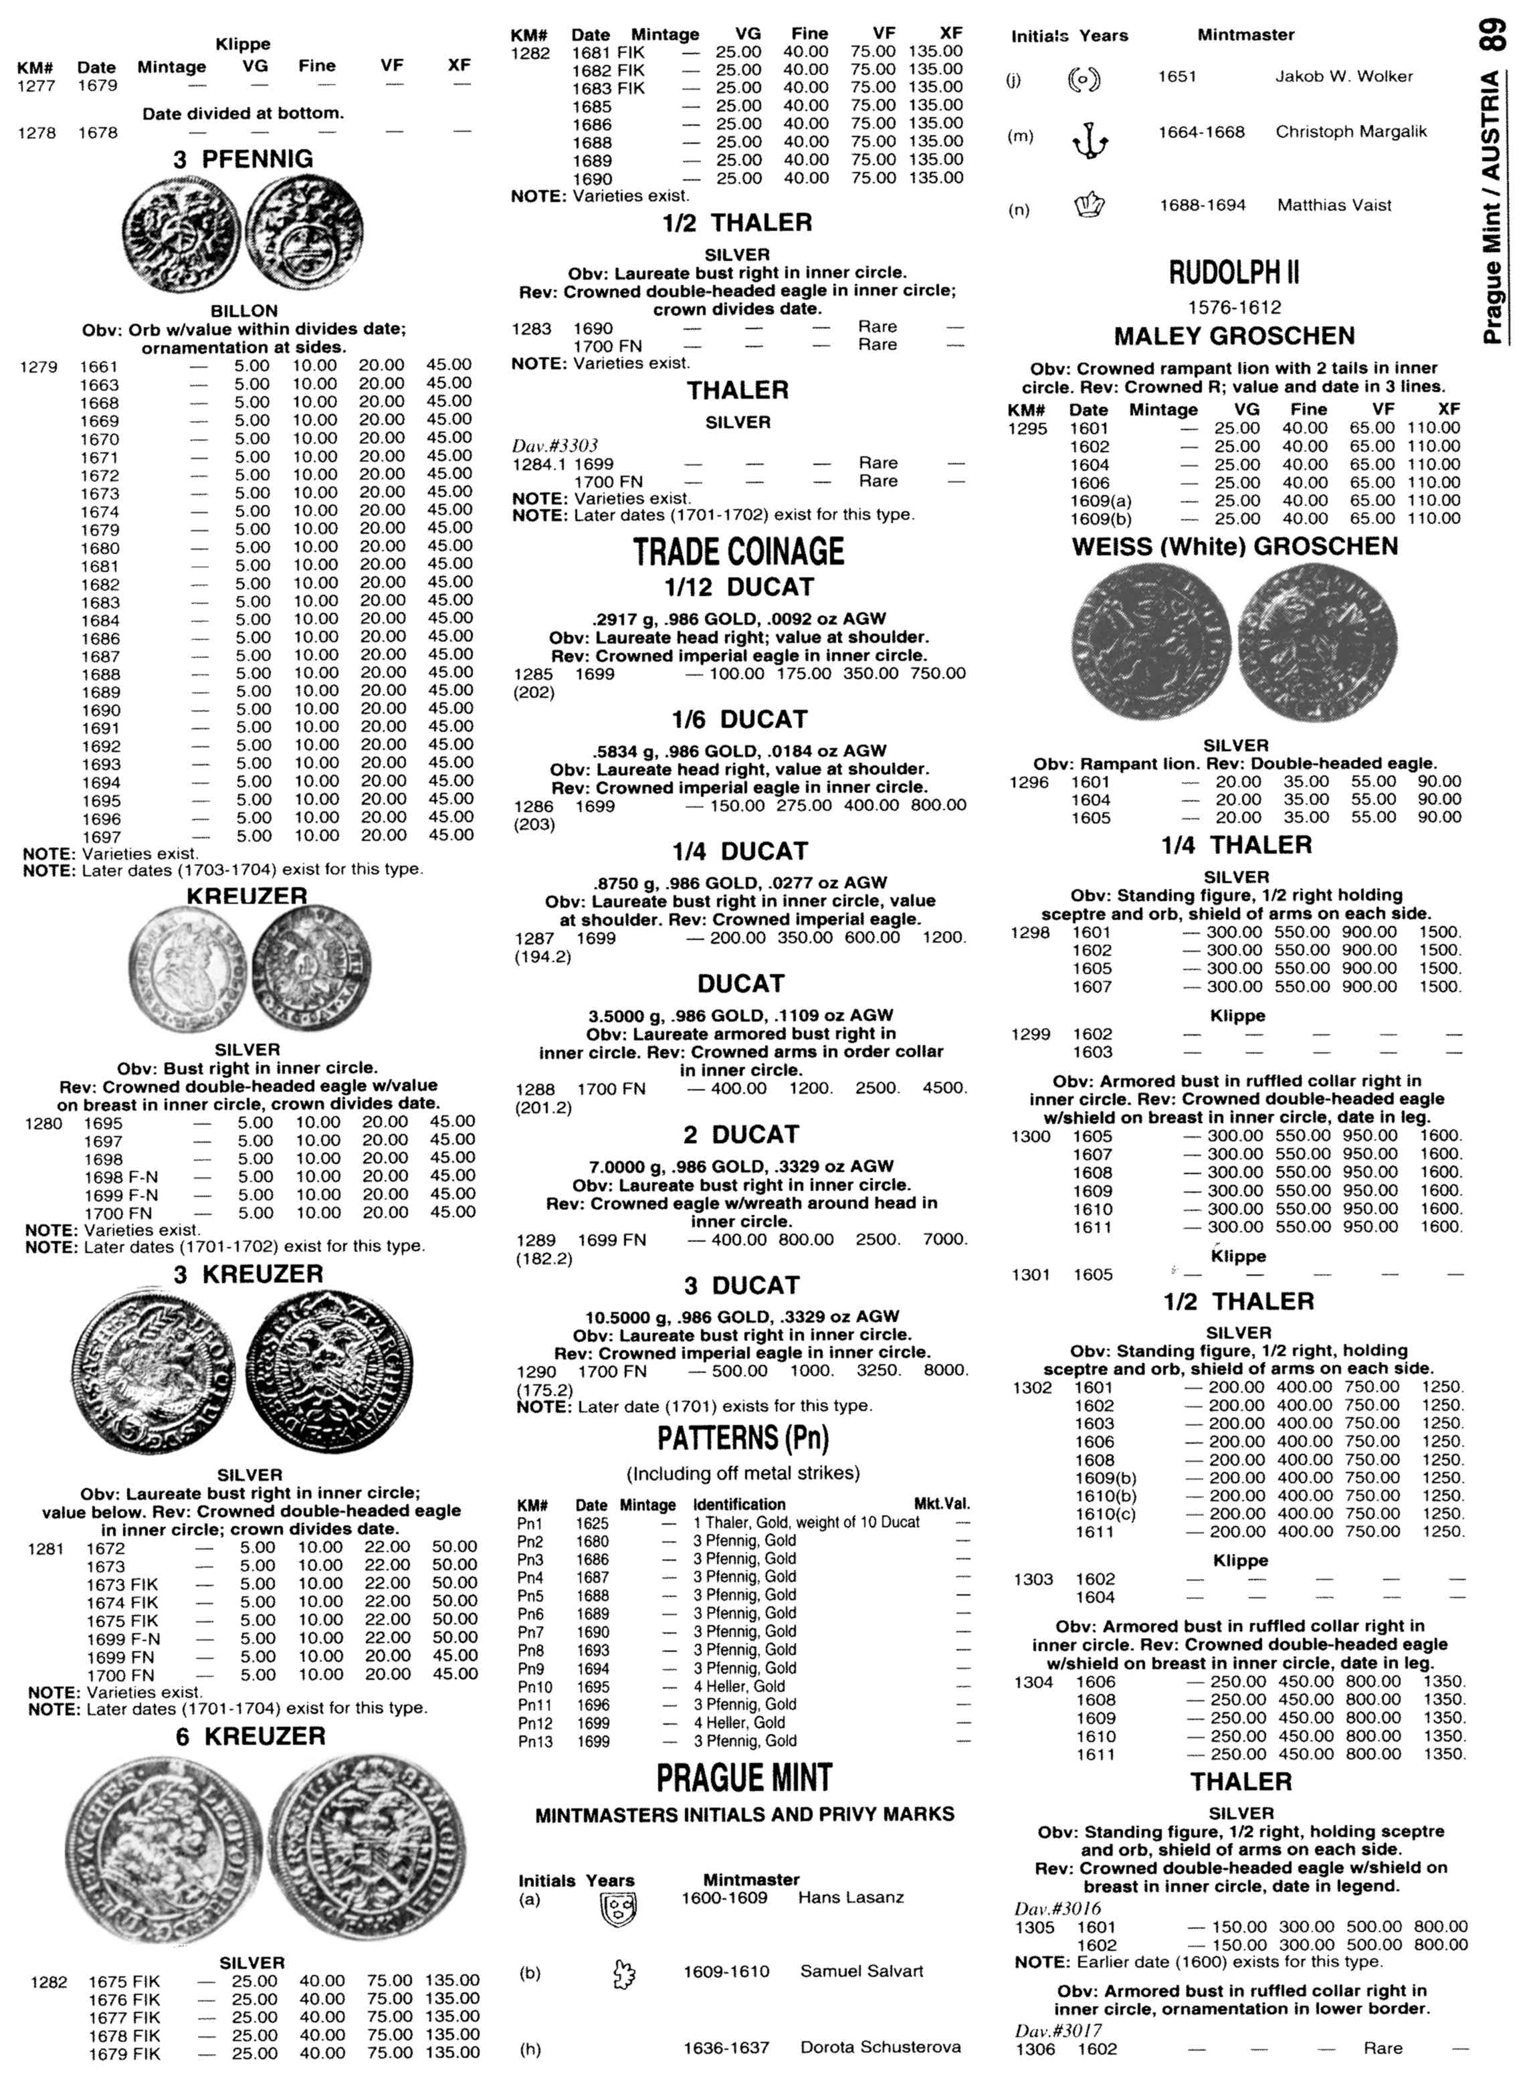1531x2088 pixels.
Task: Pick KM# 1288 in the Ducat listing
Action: (534, 1089)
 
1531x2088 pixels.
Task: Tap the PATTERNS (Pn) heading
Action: (742, 1438)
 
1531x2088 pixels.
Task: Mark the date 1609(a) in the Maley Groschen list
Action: (1100, 501)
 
